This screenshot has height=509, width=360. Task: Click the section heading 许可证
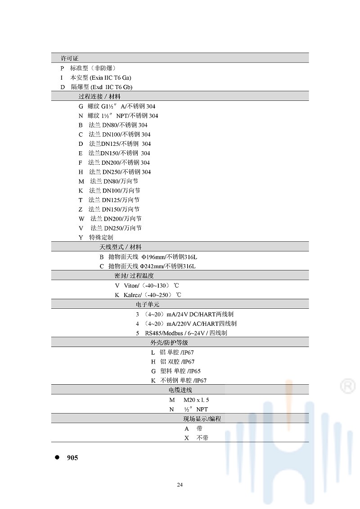click(x=70, y=59)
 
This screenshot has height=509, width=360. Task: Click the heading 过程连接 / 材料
click(x=99, y=96)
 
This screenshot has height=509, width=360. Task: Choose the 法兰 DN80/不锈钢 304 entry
click(x=117, y=125)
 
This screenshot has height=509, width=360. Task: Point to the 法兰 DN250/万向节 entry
click(x=116, y=228)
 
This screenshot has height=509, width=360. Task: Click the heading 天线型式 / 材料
click(x=120, y=247)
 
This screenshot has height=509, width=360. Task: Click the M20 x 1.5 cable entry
click(x=196, y=400)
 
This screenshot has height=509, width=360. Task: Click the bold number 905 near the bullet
click(x=72, y=458)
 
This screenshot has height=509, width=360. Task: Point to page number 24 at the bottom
click(x=180, y=485)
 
